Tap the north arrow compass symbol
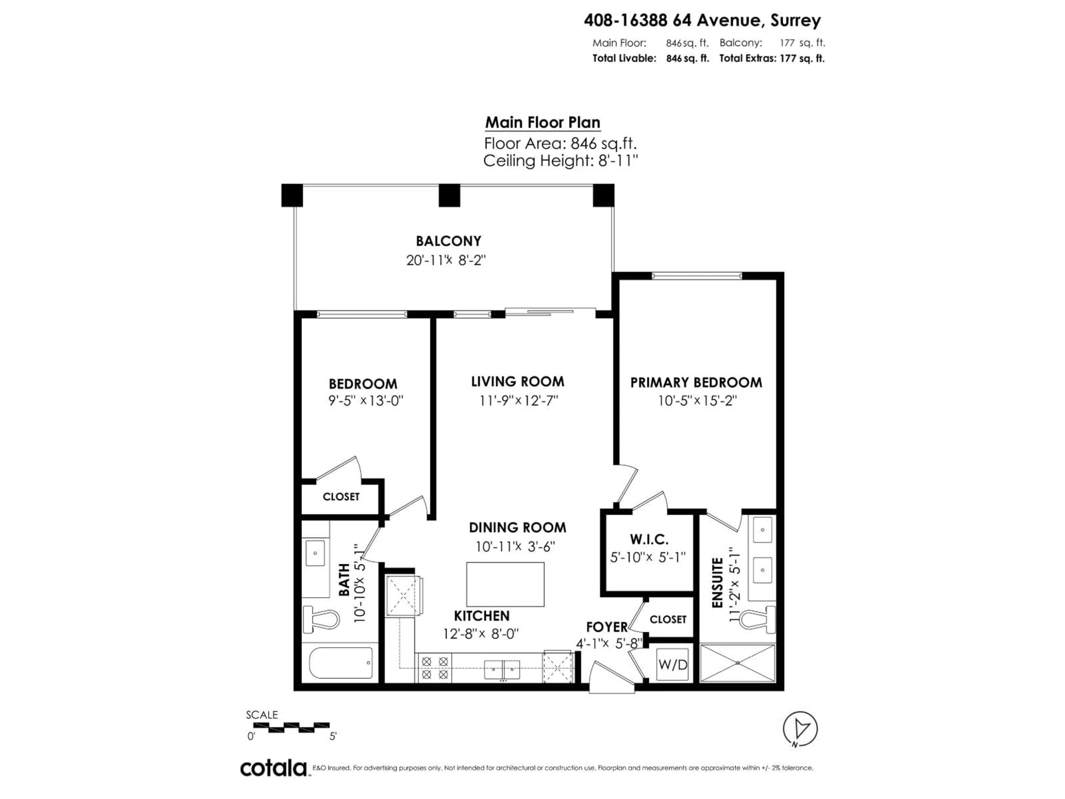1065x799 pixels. pyautogui.click(x=800, y=729)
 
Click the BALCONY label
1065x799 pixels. pyautogui.click(x=448, y=241)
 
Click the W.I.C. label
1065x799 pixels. pyautogui.click(x=648, y=539)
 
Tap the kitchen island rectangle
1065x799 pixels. pyautogui.click(x=505, y=584)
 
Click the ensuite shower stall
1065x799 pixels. pyautogui.click(x=738, y=663)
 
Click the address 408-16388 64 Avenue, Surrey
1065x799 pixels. pyautogui.click(x=702, y=20)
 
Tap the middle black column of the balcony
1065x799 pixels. pyautogui.click(x=449, y=196)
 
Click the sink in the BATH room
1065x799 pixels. pyautogui.click(x=315, y=553)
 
